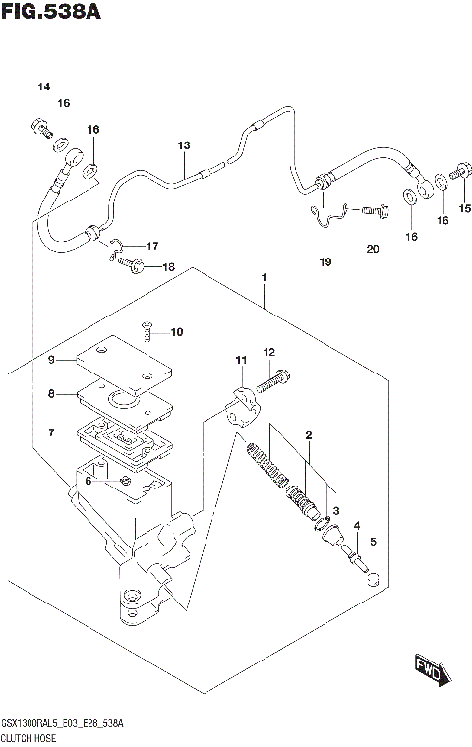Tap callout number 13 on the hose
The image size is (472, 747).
183,145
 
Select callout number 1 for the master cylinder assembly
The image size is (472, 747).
265,278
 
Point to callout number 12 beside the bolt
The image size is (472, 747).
267,351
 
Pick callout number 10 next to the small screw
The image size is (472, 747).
177,332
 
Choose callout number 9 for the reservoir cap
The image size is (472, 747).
52,360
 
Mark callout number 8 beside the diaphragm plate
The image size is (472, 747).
52,395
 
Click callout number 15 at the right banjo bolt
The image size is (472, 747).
465,207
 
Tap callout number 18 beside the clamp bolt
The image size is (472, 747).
168,267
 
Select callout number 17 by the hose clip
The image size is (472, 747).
152,245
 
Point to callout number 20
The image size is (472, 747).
372,249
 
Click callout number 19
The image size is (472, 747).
325,262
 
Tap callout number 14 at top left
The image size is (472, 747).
43,87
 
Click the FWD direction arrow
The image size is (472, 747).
430,671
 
